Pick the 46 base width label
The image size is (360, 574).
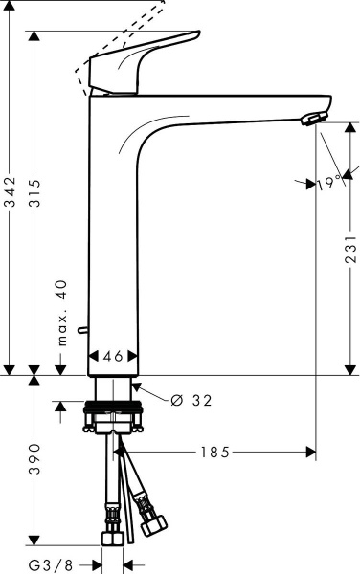[113, 356]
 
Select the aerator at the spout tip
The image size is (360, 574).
[312, 119]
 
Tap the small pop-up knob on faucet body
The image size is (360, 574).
[84, 331]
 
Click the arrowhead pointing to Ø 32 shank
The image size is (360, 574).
[135, 386]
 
